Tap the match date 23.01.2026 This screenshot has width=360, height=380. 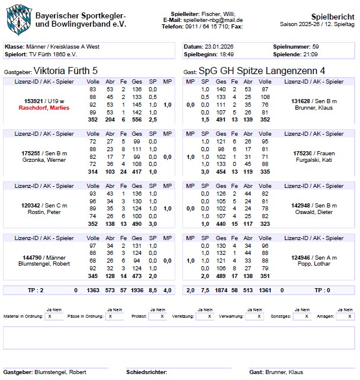(220, 46)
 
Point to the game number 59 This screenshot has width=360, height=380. (316, 46)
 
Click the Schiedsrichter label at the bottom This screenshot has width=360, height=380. (146, 372)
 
